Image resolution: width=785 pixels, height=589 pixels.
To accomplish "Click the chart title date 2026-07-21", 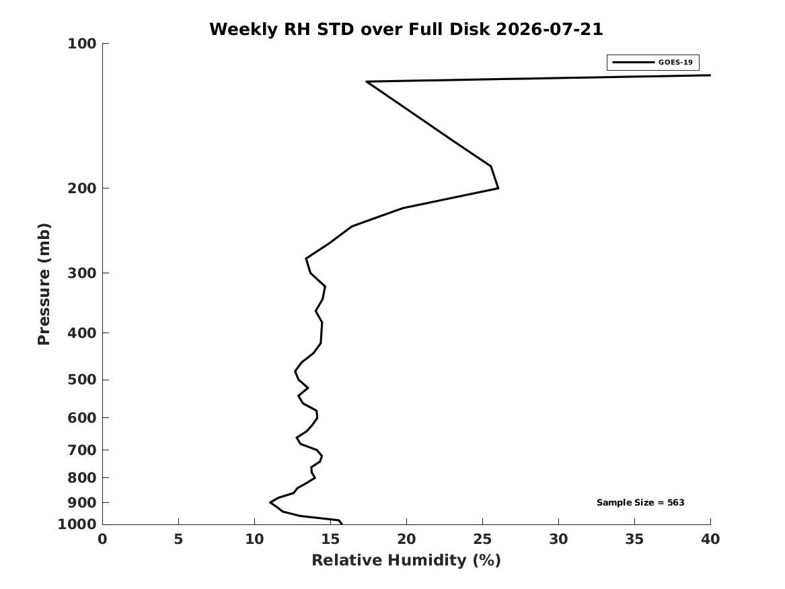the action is [549, 29].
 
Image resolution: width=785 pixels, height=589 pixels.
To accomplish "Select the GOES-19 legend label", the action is [675, 62].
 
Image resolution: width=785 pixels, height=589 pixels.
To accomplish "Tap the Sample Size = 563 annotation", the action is [640, 502].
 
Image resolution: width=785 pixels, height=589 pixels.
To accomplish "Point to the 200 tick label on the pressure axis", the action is [81, 188].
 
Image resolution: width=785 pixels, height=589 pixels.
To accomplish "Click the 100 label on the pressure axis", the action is [81, 44].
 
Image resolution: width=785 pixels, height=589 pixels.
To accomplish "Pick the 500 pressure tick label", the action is [81, 380].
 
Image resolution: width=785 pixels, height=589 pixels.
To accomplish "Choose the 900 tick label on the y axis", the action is [81, 502].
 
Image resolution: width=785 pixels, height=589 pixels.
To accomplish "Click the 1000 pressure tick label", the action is [77, 524].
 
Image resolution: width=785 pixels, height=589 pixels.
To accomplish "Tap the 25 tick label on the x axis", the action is [482, 539].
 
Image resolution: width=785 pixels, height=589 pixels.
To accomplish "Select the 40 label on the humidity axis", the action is [710, 539].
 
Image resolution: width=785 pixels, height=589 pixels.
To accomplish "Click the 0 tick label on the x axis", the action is [103, 539].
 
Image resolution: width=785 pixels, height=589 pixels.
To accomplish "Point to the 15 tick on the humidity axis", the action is [330, 539].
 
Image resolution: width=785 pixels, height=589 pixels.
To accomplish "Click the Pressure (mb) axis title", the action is [44, 284].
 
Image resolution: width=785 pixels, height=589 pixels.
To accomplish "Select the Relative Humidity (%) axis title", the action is [406, 560].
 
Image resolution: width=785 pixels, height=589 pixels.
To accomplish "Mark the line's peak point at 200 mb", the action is [498, 188].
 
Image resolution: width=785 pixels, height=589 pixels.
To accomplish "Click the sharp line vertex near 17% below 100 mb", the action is [367, 81].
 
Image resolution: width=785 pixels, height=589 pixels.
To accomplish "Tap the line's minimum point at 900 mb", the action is [270, 502].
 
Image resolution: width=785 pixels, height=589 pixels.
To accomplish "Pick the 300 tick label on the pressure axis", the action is [81, 273].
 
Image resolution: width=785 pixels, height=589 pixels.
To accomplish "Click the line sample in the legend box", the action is [633, 63].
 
